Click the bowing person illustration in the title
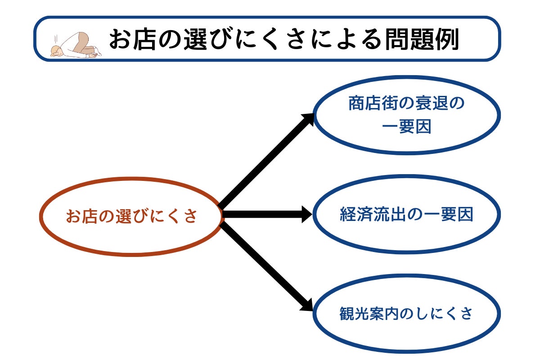76,45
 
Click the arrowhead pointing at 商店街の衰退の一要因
309,119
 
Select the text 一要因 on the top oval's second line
406,127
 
